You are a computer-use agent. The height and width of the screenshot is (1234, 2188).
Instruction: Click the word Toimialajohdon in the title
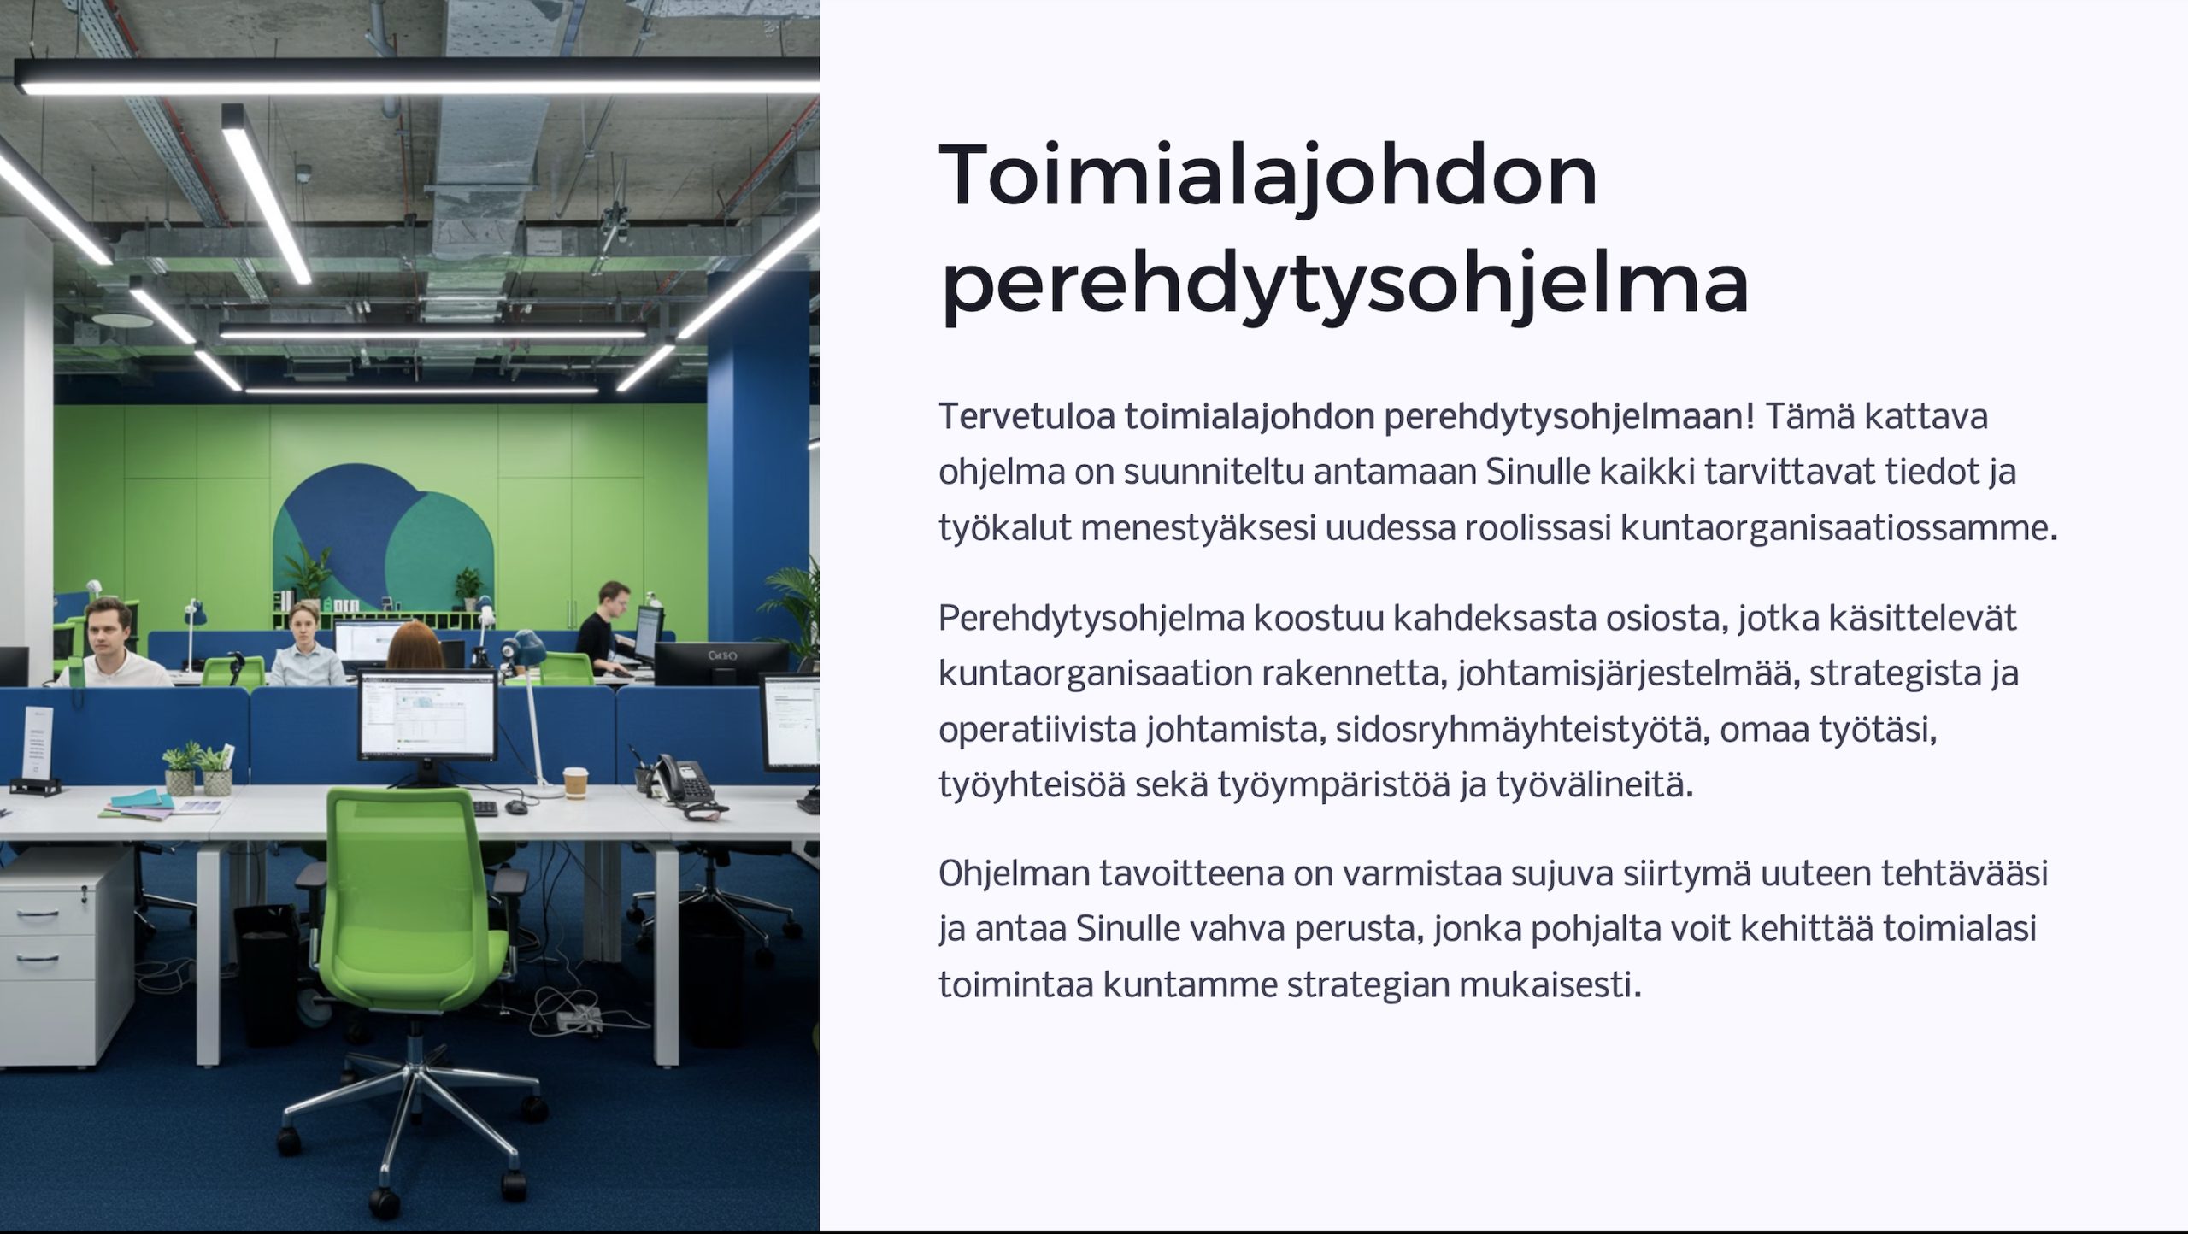(1268, 176)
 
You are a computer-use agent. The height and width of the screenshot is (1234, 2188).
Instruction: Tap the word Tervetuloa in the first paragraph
(1026, 416)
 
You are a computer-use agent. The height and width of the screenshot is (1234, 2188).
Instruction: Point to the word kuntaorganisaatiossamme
(1838, 529)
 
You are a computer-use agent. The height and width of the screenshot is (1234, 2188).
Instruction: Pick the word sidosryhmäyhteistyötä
(1522, 731)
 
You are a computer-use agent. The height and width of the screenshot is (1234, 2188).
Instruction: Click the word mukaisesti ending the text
(1550, 985)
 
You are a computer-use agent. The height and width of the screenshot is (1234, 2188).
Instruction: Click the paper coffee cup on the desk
(576, 783)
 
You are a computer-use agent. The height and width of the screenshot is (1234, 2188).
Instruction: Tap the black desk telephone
(680, 779)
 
